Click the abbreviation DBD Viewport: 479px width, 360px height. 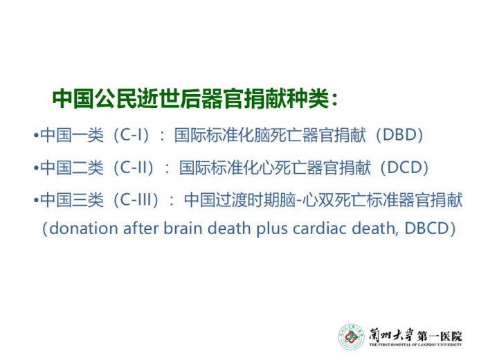[x=399, y=134]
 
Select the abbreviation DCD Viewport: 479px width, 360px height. [x=405, y=167]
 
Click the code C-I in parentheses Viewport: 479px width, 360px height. [x=131, y=134]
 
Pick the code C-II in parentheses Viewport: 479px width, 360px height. [x=134, y=167]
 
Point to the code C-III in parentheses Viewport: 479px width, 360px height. [x=136, y=200]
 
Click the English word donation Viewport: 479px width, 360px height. [x=83, y=228]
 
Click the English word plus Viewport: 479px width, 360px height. [x=272, y=229]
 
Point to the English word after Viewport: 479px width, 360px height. [x=141, y=228]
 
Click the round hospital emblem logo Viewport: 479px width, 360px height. [x=352, y=337]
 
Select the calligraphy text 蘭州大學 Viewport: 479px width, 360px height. [x=391, y=336]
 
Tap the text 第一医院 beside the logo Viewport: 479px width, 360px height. [x=440, y=336]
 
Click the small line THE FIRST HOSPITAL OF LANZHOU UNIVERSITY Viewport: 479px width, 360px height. [x=415, y=345]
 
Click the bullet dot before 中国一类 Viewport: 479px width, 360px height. [x=37, y=135]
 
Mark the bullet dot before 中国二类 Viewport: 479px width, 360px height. [x=37, y=168]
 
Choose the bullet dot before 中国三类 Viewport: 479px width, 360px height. [x=37, y=200]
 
